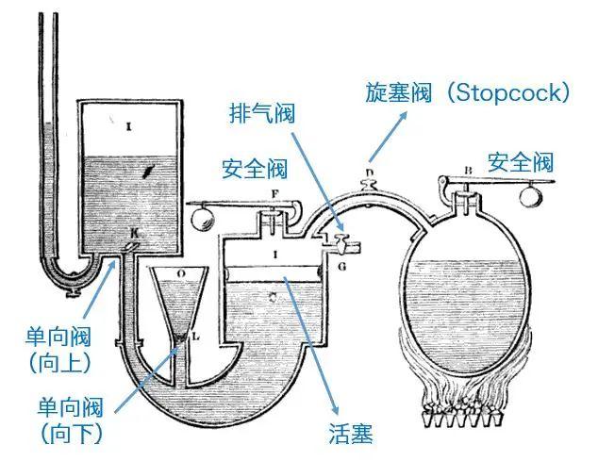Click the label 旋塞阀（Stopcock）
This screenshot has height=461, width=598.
click(x=468, y=92)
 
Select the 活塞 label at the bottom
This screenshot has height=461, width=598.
click(x=351, y=434)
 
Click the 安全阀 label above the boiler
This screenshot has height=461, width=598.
click(x=521, y=162)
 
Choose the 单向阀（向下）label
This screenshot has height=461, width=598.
click(x=71, y=420)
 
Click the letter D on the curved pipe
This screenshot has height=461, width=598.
click(x=370, y=173)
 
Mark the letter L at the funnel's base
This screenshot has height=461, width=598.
click(x=196, y=335)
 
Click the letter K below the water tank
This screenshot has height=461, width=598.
click(x=133, y=232)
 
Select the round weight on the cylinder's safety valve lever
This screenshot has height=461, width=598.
click(x=201, y=215)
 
